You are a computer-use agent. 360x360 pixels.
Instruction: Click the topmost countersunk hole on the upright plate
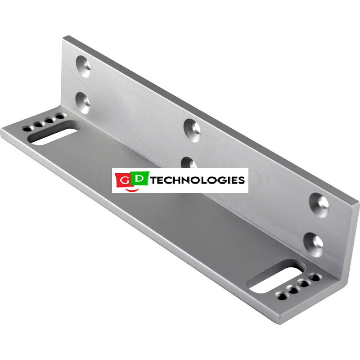(x=84, y=66)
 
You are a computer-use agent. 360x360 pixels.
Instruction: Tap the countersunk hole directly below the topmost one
(x=83, y=101)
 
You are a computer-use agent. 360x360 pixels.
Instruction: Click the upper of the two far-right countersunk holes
(x=319, y=205)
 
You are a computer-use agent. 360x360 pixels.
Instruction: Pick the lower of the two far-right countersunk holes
(x=313, y=242)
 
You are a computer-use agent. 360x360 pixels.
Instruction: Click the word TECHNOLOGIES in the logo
(x=198, y=180)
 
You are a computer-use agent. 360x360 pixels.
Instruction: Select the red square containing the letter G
(x=124, y=180)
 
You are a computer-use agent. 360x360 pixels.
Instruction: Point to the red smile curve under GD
(x=132, y=190)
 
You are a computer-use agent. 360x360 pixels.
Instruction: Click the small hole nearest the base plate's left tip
(x=28, y=129)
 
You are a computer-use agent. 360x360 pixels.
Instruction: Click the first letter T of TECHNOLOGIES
(x=153, y=180)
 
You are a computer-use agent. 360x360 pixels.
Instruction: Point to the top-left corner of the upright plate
(x=64, y=37)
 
